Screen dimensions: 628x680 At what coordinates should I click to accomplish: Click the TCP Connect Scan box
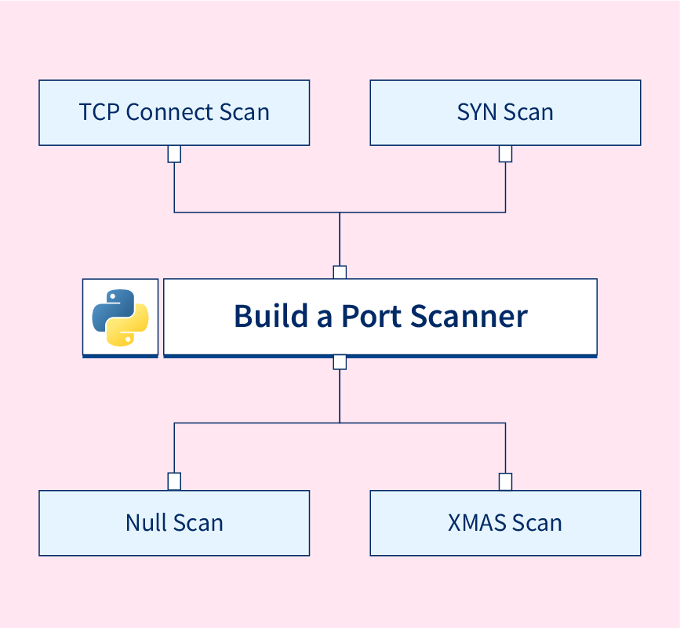click(x=174, y=112)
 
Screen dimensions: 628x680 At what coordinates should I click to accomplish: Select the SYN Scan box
click(x=505, y=112)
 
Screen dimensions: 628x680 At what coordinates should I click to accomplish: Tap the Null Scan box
click(x=174, y=523)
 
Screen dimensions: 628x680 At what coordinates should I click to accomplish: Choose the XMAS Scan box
click(x=505, y=523)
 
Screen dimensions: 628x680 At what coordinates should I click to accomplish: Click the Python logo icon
click(x=120, y=318)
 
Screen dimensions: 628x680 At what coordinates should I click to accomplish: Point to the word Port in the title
click(x=371, y=316)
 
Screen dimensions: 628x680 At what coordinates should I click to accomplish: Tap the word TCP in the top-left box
click(x=100, y=112)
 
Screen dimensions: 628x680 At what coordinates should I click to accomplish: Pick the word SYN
click(x=477, y=112)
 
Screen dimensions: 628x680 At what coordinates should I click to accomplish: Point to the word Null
click(x=147, y=523)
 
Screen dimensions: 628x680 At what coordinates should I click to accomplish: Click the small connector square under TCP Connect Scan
click(x=174, y=154)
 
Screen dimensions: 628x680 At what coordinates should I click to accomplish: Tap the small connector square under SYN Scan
click(x=505, y=154)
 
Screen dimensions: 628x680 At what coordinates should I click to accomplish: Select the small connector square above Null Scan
click(x=174, y=481)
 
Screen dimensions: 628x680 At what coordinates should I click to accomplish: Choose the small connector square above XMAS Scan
click(x=505, y=481)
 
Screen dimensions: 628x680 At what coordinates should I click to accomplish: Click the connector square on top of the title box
click(x=340, y=272)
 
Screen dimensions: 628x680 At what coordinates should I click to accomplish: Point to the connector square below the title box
click(x=340, y=362)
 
